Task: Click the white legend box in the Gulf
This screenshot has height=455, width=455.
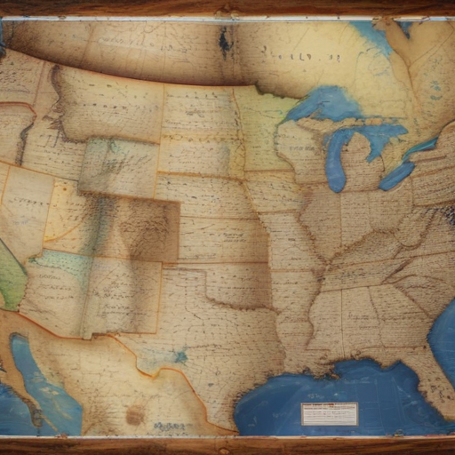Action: (329, 413)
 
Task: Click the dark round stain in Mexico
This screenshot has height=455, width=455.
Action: (135, 415)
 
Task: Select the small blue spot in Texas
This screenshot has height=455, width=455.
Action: (180, 356)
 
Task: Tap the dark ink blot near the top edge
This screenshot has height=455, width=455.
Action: (226, 40)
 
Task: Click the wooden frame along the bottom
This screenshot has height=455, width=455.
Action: (227, 445)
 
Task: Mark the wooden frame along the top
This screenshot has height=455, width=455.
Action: (227, 8)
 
